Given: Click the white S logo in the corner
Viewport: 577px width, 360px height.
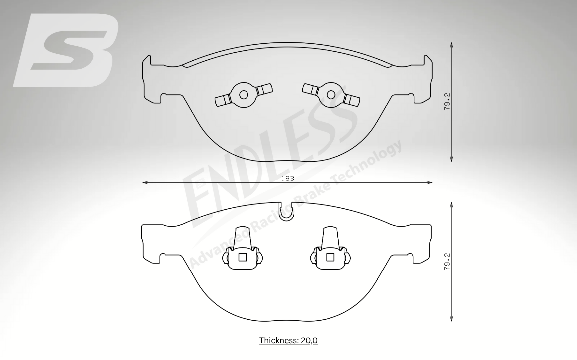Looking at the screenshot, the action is [66, 50].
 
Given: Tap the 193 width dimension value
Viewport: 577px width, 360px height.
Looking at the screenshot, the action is [288, 179].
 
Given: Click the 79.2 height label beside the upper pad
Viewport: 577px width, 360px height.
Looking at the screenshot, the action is [447, 101].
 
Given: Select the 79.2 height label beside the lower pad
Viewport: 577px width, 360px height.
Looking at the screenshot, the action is [447, 262].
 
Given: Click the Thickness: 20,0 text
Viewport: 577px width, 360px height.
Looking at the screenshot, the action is [288, 340].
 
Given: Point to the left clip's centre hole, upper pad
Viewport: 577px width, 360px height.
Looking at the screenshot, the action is [243, 94].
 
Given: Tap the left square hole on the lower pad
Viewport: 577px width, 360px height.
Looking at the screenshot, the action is [242, 257].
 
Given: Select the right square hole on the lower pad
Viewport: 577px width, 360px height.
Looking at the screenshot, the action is [330, 257].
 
